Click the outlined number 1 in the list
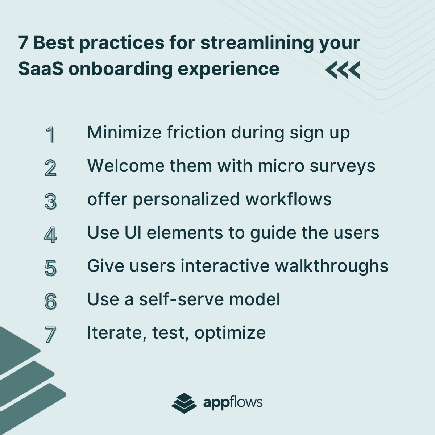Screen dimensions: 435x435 pos(50,135)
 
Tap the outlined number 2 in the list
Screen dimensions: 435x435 pos(50,168)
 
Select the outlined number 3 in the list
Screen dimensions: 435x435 pos(50,201)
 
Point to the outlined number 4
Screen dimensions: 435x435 pos(50,235)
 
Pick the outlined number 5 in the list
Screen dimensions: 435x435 pos(50,268)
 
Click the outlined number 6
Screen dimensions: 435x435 pos(50,301)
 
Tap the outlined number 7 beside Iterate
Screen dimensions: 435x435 pos(50,335)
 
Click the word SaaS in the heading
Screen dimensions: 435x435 pos(41,69)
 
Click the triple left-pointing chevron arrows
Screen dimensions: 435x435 pos(343,70)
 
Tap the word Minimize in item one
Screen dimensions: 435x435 pos(124,133)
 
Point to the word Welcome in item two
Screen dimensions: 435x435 pos(126,166)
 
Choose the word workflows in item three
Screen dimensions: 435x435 pos(289,199)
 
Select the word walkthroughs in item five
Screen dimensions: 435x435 pos(332,266)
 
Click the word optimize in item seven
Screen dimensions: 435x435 pos(230,333)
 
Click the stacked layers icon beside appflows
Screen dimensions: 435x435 pos(184,403)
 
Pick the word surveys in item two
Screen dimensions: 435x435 pos(342,167)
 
